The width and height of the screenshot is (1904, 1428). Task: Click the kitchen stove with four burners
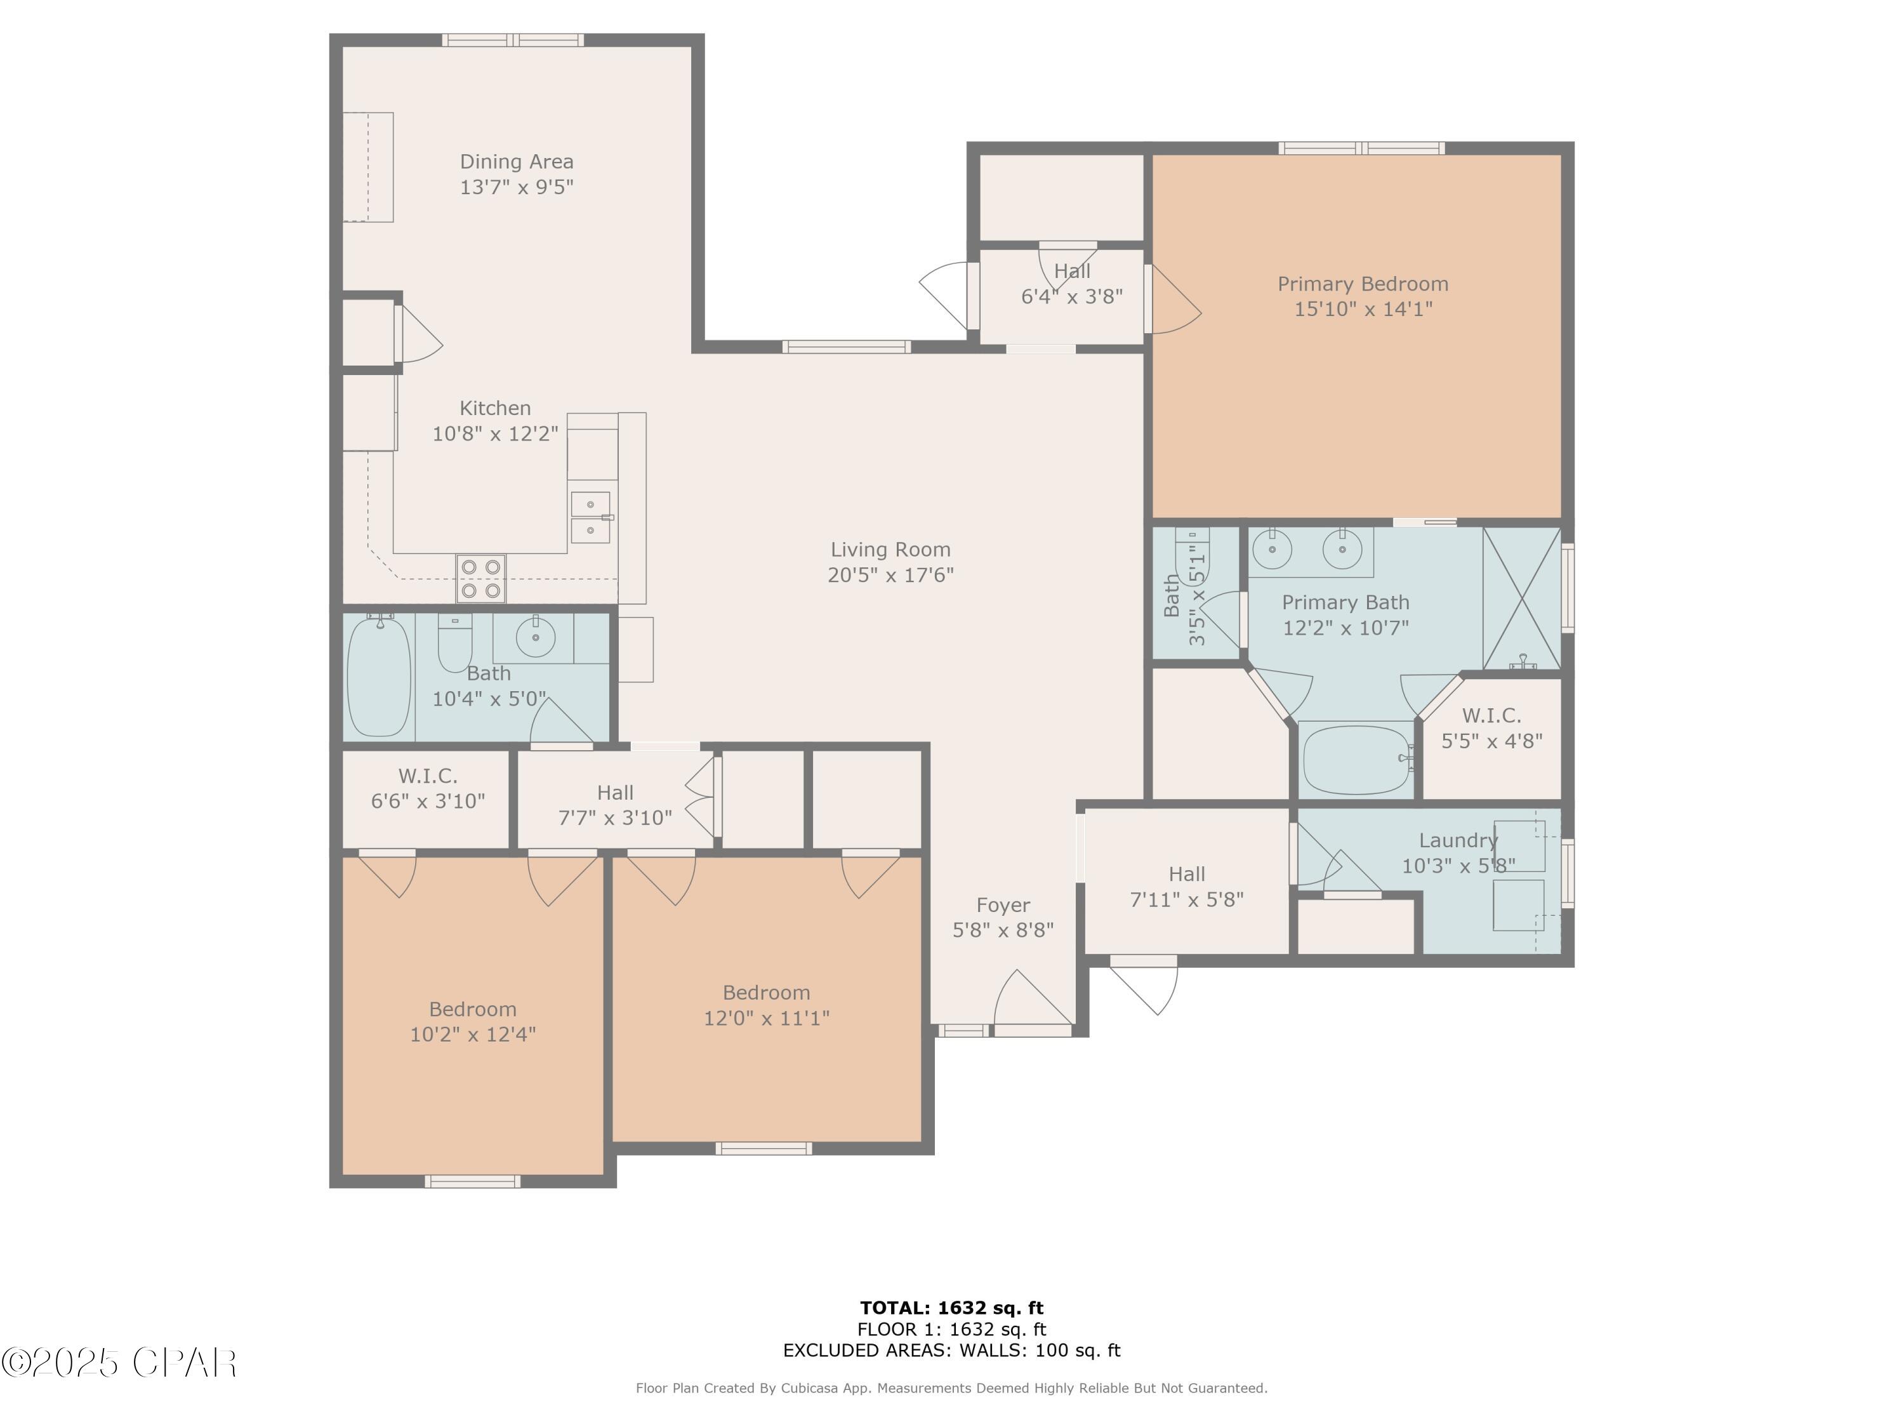(x=481, y=578)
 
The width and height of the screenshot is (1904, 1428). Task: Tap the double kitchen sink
(x=590, y=517)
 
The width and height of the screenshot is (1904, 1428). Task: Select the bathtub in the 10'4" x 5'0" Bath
(x=379, y=676)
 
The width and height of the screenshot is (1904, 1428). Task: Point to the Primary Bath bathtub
(x=1356, y=759)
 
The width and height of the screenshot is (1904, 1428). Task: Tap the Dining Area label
(x=517, y=162)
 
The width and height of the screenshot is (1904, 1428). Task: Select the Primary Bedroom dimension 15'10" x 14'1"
(x=1363, y=309)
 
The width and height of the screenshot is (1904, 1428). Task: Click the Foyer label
(x=1003, y=906)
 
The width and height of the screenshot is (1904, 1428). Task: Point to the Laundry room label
(x=1458, y=841)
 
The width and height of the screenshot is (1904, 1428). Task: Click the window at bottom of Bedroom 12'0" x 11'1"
(x=764, y=1148)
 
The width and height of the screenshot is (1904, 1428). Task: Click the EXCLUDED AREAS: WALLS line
(x=951, y=1351)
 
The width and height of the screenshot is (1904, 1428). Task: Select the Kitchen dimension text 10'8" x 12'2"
(x=495, y=434)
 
